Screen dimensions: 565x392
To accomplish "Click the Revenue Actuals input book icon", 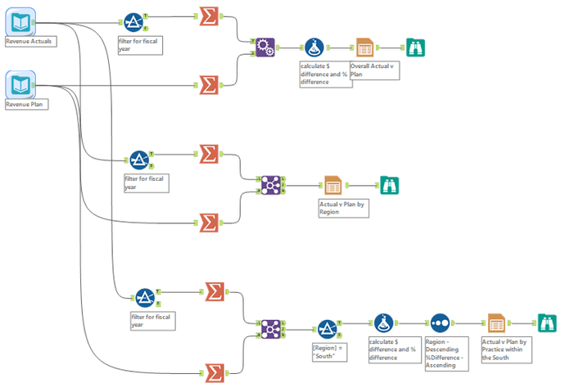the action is coord(20,22).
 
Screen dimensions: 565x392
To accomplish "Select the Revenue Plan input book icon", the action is coord(20,85).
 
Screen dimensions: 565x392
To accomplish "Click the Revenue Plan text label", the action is coord(25,105).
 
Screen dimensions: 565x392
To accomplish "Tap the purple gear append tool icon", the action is coord(265,47).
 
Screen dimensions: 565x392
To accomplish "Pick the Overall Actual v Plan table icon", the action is coord(364,47).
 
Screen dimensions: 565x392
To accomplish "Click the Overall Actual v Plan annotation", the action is coord(374,70).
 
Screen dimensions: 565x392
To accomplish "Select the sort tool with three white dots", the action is coord(440,323).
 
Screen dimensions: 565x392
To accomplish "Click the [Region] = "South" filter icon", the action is coord(328,329).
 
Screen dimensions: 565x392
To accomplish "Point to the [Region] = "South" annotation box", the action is coord(329,352).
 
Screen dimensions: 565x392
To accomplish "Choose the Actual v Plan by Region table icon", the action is coord(332,186).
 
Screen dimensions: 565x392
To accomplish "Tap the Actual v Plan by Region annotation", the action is coord(343,208).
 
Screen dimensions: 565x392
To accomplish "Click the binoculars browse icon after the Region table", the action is coord(389,186).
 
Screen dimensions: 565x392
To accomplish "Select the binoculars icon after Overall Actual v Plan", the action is coord(415,47).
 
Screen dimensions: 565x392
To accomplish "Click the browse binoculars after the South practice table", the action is coord(547,323).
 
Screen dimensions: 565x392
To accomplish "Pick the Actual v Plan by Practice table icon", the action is coord(496,323).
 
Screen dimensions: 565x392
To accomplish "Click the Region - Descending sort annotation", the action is coord(446,354).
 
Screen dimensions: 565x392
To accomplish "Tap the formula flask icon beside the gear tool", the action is coord(314,47).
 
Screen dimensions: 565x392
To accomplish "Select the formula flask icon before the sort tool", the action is coord(383,323).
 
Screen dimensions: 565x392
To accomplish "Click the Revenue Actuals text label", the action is coord(29,42).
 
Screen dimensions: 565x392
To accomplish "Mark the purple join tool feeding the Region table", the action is coord(270,186).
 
